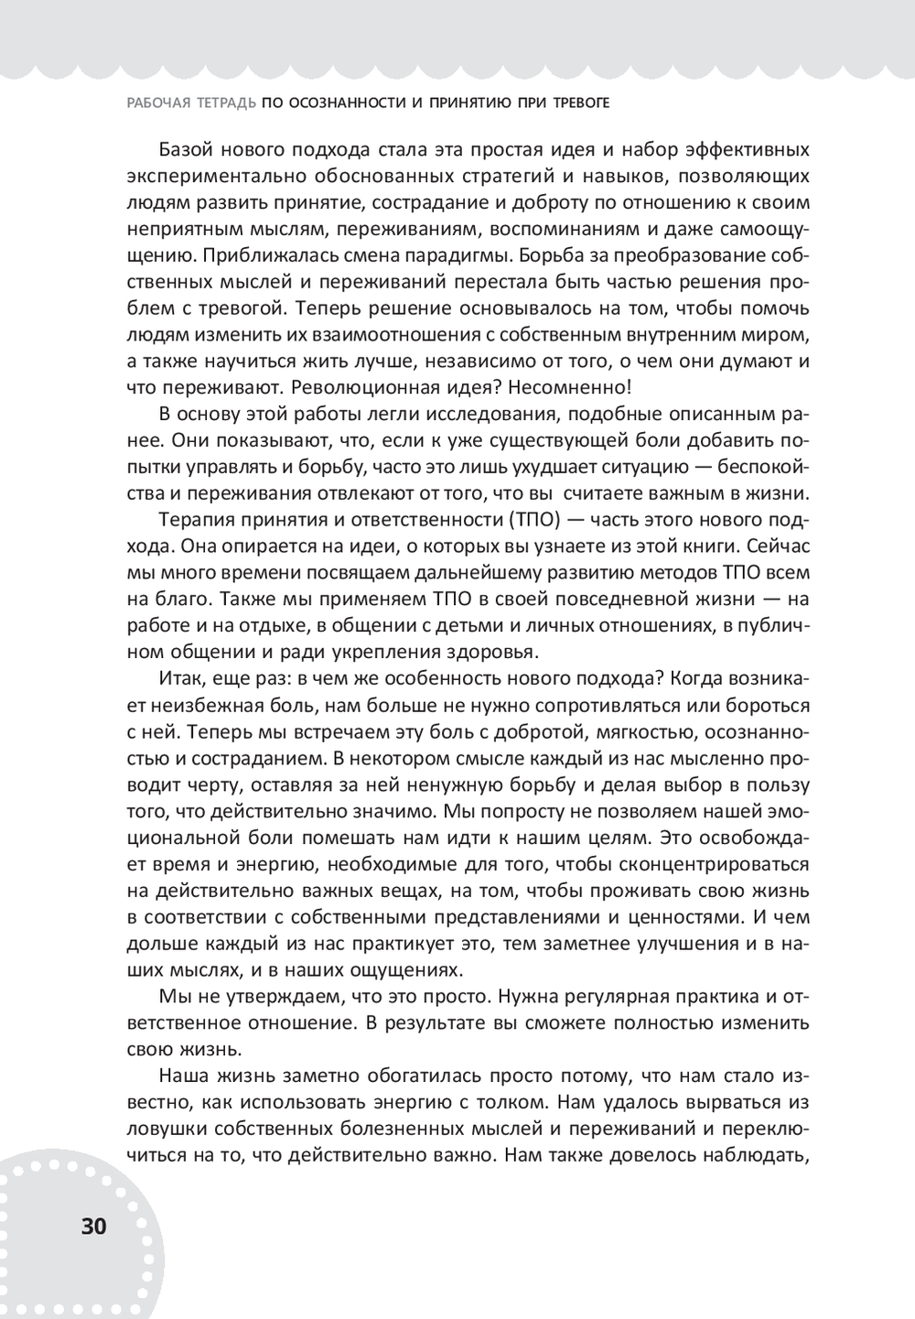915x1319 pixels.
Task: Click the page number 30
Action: [x=94, y=1226]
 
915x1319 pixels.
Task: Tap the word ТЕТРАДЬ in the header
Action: [x=224, y=104]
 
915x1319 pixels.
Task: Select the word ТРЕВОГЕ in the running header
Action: [x=577, y=104]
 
